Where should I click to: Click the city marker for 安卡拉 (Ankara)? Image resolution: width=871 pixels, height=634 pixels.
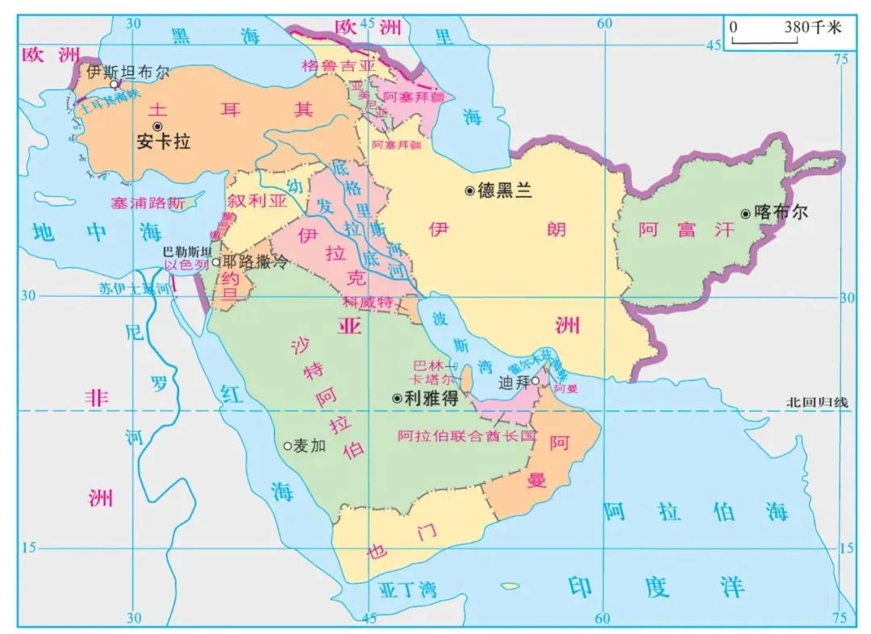coord(158,127)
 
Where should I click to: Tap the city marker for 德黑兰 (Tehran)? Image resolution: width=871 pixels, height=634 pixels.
coord(469,190)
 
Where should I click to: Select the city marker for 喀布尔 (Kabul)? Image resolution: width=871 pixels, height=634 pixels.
coord(746,214)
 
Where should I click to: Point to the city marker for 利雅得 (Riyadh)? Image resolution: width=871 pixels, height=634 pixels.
coord(397,398)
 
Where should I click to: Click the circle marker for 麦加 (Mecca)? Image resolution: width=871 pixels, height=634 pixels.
coord(287,445)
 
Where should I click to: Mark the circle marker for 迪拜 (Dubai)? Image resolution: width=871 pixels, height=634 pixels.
coord(535,381)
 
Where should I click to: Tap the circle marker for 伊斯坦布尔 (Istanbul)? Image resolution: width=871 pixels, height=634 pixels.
coord(115,84)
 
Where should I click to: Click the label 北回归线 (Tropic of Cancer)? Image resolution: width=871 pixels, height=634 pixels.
coord(818,402)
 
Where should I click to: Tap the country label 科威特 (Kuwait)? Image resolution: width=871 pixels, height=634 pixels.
coord(367,302)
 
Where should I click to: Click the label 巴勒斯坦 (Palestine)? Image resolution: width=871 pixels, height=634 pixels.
coord(187,251)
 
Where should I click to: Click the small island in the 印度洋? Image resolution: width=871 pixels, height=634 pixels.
coord(510,586)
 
